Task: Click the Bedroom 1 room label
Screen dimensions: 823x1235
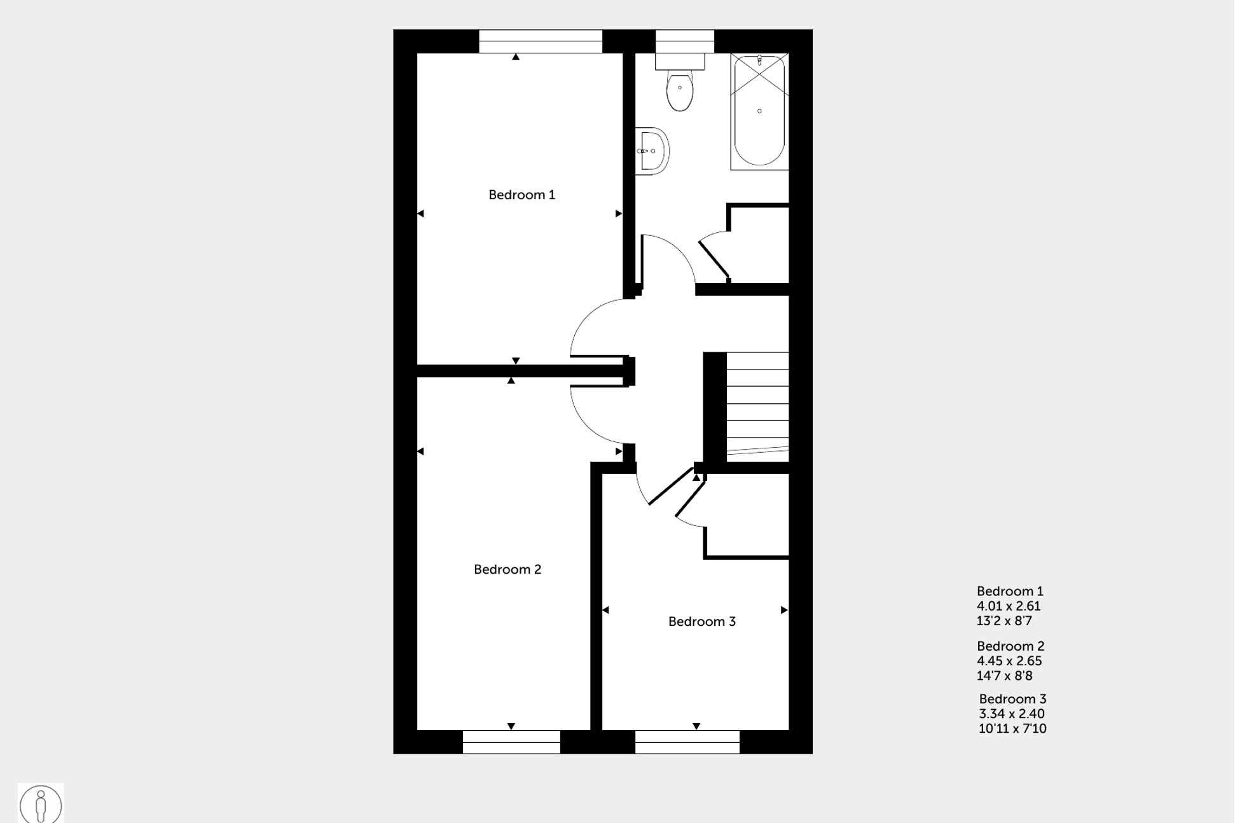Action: pos(521,195)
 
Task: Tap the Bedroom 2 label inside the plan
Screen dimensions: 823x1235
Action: pos(507,570)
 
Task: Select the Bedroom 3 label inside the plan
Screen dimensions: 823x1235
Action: pos(701,622)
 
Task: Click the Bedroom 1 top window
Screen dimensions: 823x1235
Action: pos(541,41)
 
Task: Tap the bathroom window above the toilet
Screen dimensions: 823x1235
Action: pos(685,41)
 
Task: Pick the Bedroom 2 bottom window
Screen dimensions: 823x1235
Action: pos(511,742)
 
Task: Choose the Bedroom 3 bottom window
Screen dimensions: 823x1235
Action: pos(687,742)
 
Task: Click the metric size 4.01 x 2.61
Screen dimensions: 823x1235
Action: pos(1009,606)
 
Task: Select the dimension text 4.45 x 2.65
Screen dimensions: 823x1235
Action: pos(1009,661)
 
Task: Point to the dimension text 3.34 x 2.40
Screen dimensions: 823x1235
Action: pos(1012,714)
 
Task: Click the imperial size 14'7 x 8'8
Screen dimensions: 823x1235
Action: pos(1005,676)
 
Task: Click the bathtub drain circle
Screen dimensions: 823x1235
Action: pos(759,111)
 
